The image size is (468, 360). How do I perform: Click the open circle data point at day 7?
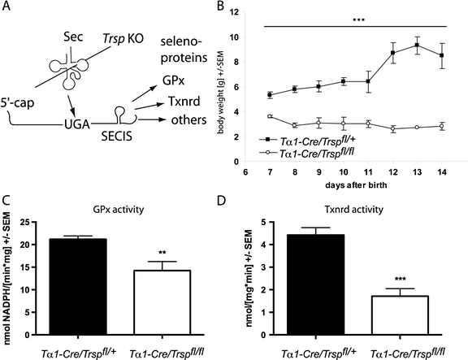tap(270, 117)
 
